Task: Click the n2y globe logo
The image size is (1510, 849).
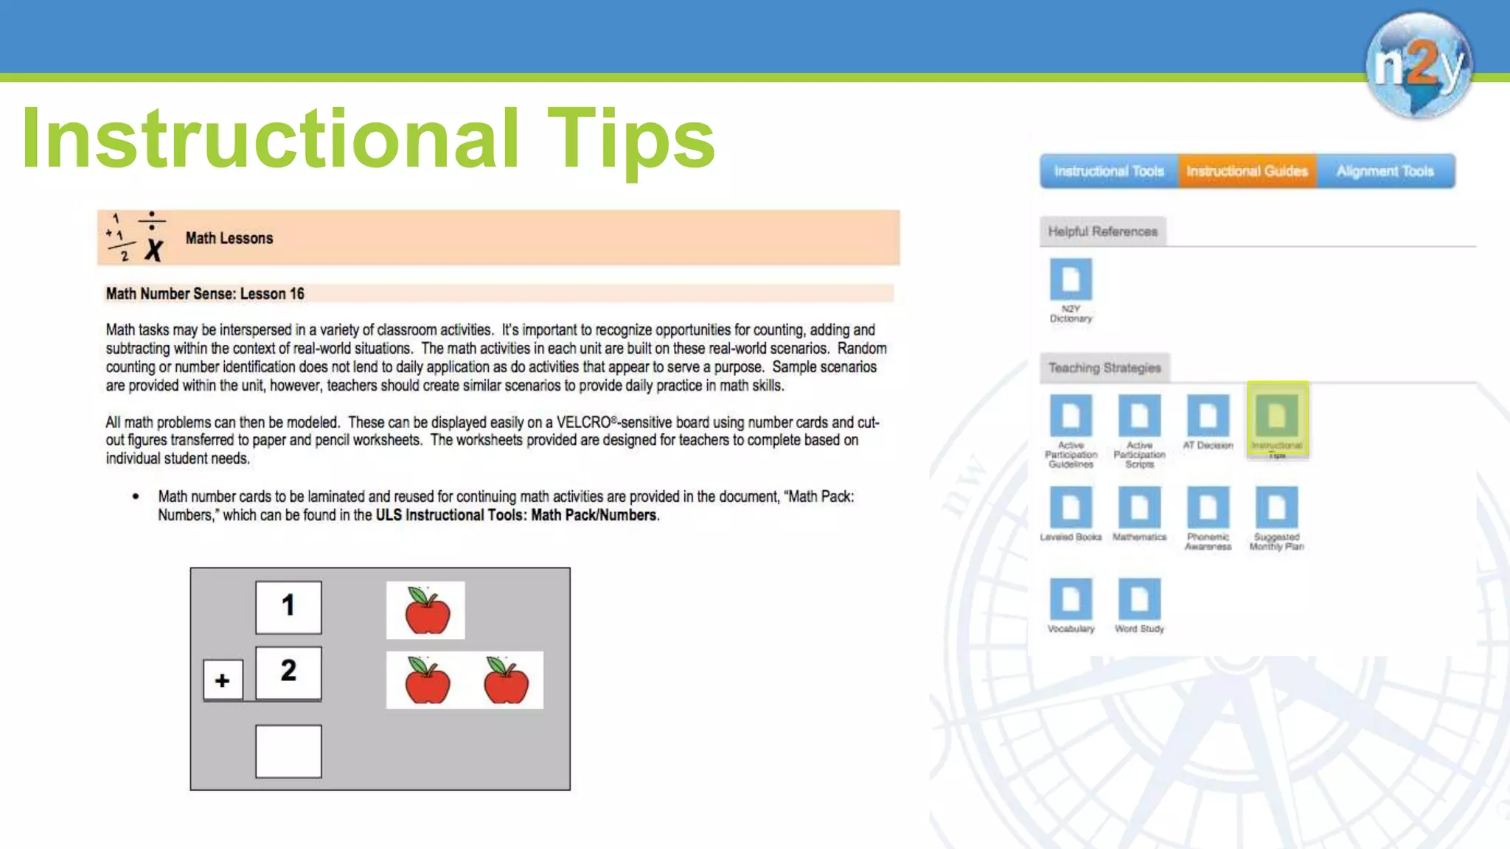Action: pyautogui.click(x=1419, y=65)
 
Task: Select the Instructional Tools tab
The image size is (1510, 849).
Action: pyautogui.click(x=1108, y=172)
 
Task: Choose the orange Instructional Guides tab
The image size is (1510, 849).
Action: pyautogui.click(x=1247, y=172)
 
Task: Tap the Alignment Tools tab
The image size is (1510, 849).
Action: pyautogui.click(x=1385, y=172)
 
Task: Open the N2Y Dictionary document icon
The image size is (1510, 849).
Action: pyautogui.click(x=1071, y=280)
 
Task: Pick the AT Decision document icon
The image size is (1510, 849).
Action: pyautogui.click(x=1208, y=416)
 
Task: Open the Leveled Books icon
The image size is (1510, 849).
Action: pyautogui.click(x=1071, y=508)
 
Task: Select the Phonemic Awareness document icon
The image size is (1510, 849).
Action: pyautogui.click(x=1208, y=508)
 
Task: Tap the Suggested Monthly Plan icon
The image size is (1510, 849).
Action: pyautogui.click(x=1276, y=508)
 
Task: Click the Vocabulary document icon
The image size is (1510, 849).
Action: pyautogui.click(x=1071, y=600)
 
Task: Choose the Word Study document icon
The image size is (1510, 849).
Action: pyautogui.click(x=1139, y=600)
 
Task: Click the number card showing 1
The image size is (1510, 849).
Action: pyautogui.click(x=288, y=607)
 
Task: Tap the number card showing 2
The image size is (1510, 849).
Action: pyautogui.click(x=288, y=672)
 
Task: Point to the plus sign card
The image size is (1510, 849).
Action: pyautogui.click(x=223, y=680)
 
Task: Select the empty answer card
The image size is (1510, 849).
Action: pyautogui.click(x=288, y=751)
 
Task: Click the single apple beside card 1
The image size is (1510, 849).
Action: pyautogui.click(x=426, y=610)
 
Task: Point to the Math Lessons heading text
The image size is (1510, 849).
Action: pyautogui.click(x=229, y=238)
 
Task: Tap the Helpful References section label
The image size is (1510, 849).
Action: pyautogui.click(x=1102, y=231)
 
